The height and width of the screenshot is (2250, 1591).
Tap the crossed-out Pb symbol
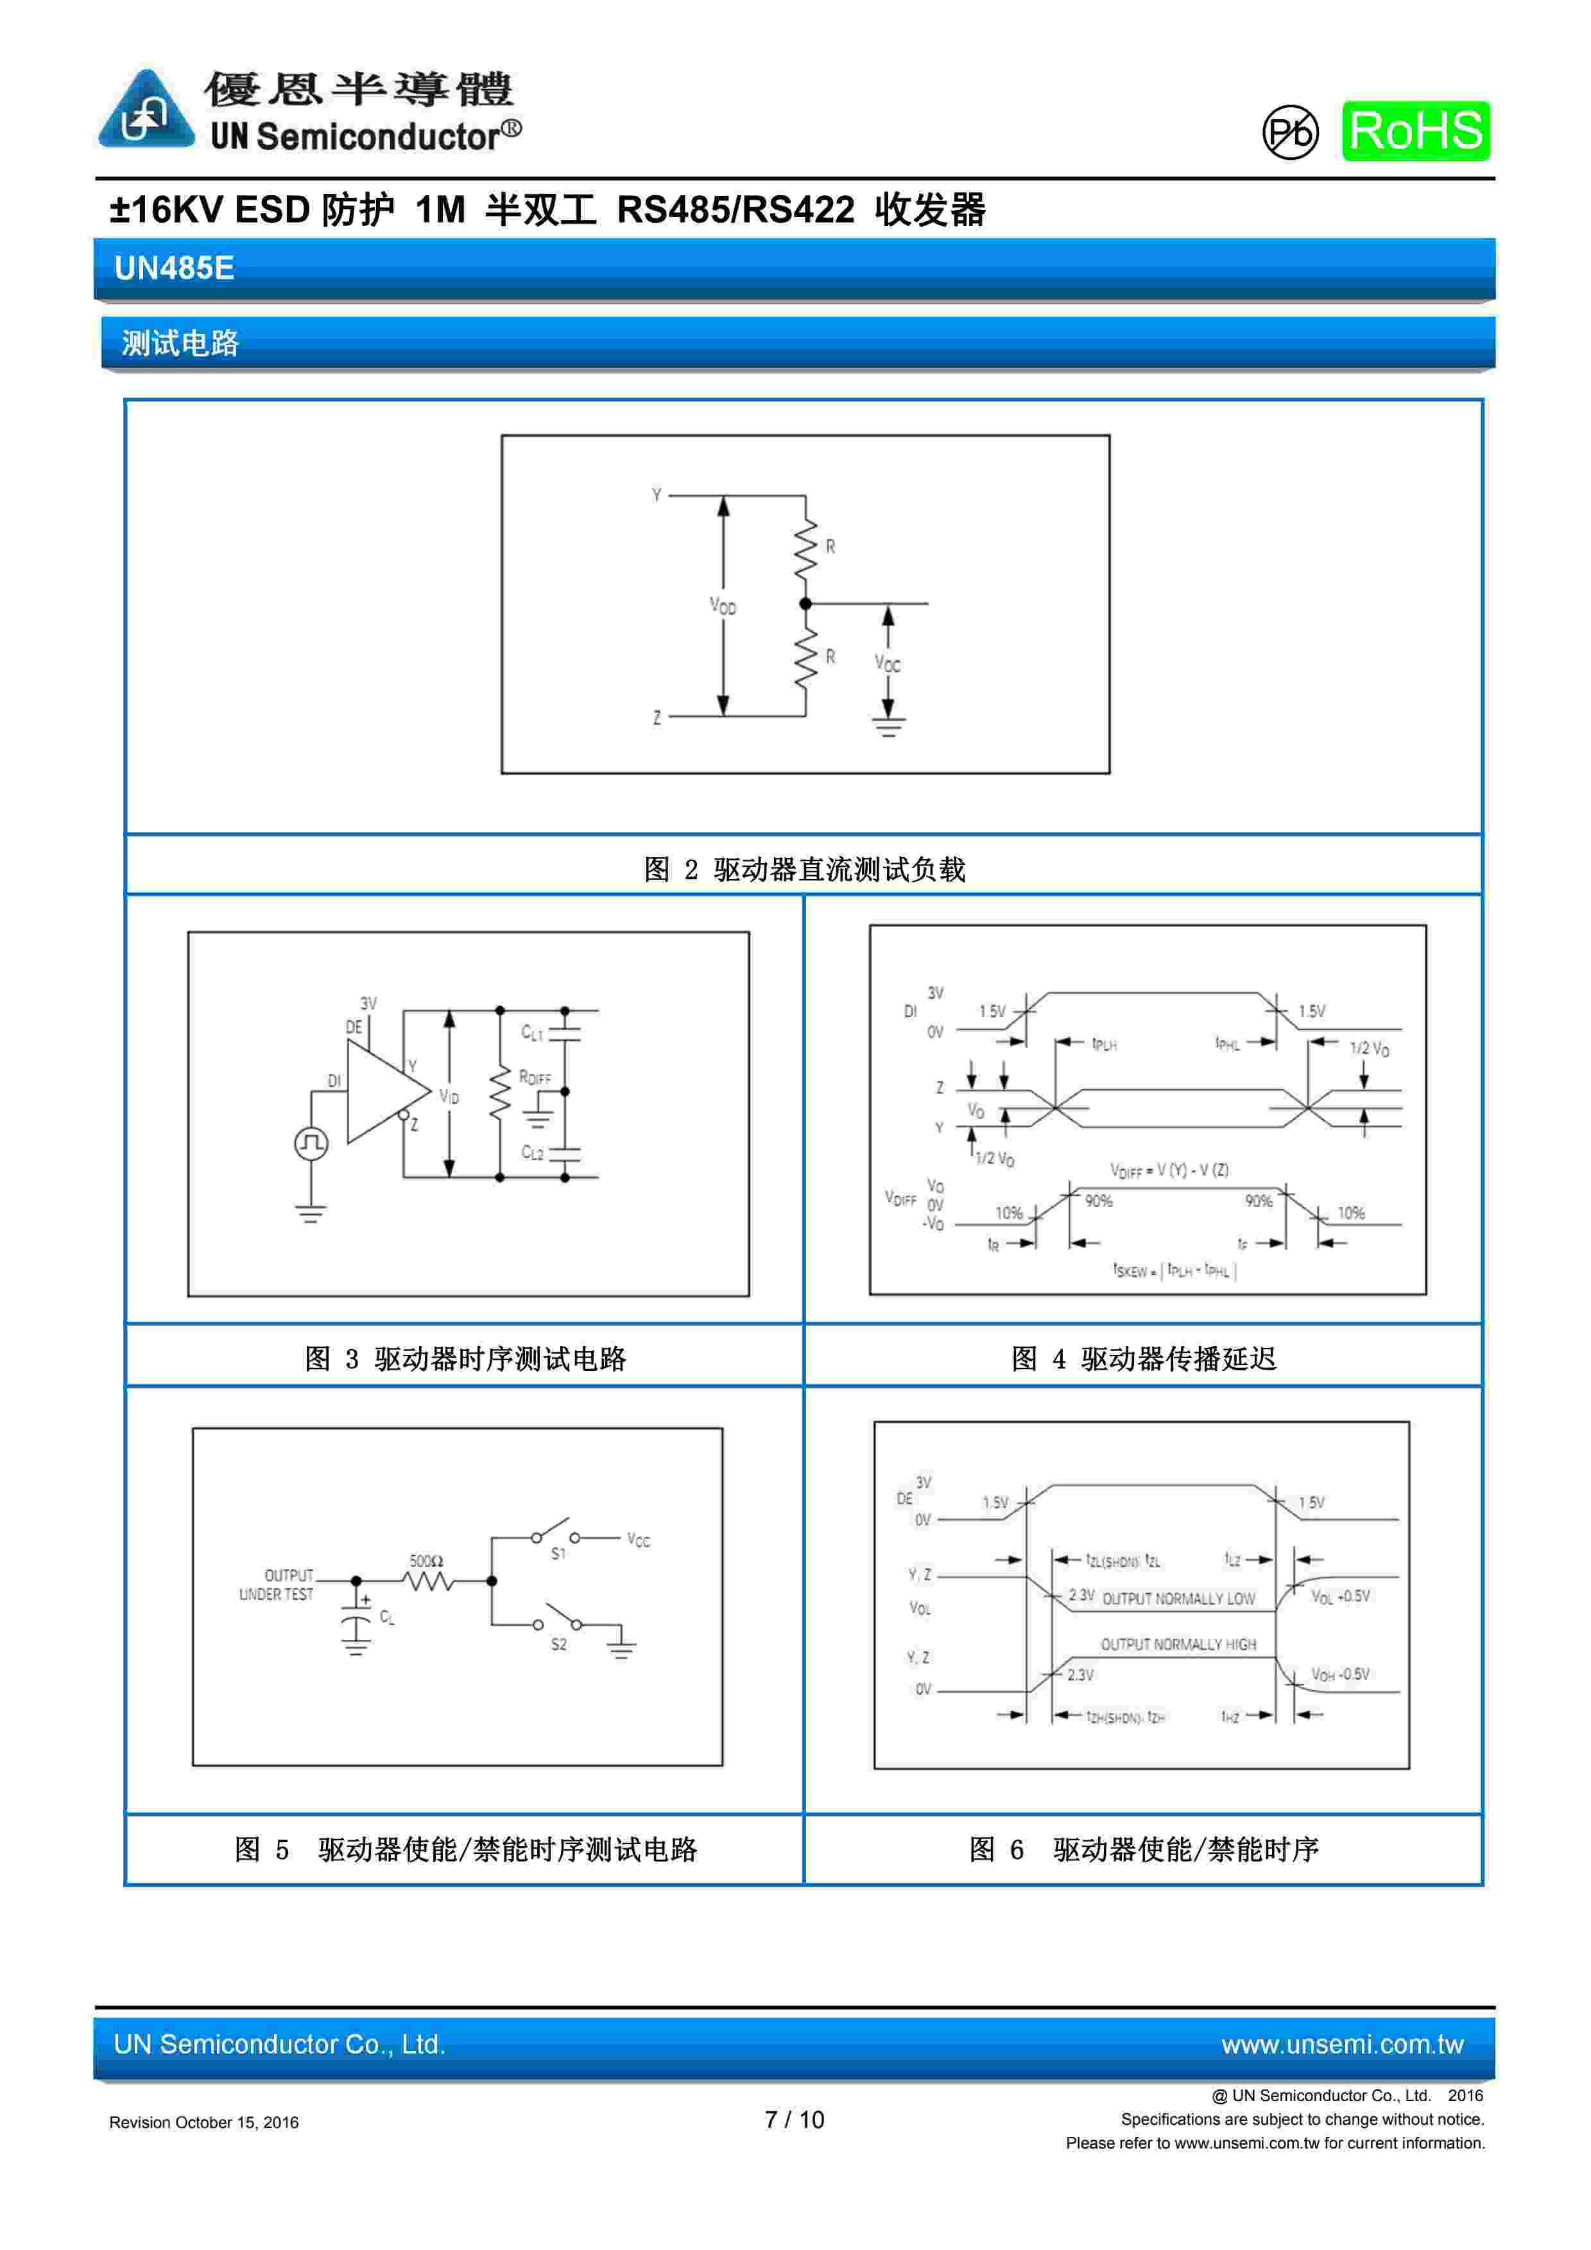(1289, 132)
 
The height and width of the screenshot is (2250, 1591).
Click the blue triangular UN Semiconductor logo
(146, 110)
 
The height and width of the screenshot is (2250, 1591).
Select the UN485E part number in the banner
(175, 268)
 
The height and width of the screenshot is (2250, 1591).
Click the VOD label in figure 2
(723, 607)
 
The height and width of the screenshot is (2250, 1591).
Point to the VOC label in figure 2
(888, 665)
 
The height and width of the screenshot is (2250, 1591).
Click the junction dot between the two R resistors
(805, 604)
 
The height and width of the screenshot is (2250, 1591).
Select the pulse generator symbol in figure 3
(311, 1144)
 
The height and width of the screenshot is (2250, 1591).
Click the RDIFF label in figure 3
(535, 1078)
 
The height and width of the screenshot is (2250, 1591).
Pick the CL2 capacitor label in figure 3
(532, 1153)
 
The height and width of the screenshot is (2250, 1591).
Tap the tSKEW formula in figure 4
(1174, 1271)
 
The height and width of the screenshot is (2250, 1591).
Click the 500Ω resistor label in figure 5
(426, 1561)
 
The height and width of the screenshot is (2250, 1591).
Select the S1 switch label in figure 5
(558, 1554)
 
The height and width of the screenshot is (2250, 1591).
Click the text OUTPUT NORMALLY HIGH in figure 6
(1178, 1644)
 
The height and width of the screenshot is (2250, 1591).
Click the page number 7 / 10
(795, 2120)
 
